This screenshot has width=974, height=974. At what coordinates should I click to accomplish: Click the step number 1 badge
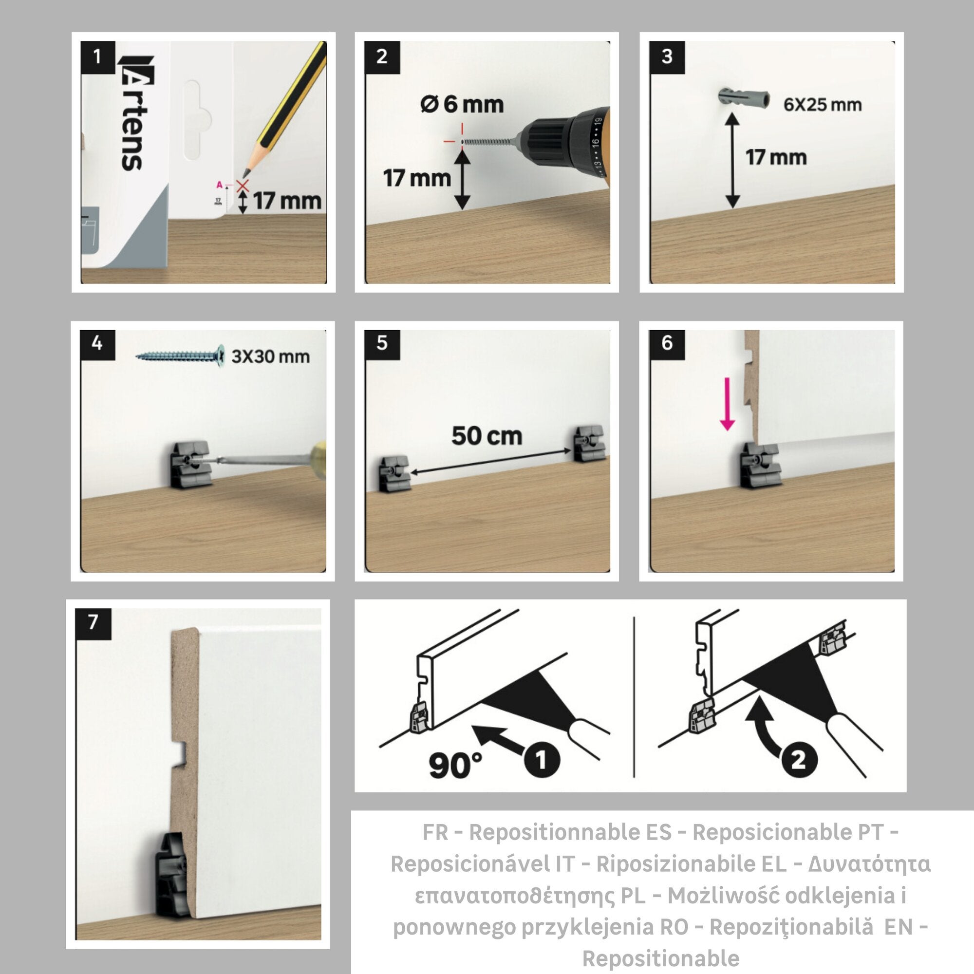click(x=98, y=57)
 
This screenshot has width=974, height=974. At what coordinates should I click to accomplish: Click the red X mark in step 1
click(x=243, y=186)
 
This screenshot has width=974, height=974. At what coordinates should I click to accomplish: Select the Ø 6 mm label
click(x=462, y=104)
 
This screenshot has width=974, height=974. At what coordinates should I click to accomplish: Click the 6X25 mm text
click(x=822, y=105)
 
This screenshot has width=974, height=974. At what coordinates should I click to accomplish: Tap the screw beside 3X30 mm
click(x=180, y=356)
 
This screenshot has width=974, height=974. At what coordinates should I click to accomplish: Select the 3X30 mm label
click(x=270, y=356)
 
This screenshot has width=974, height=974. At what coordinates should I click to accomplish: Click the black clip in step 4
click(x=190, y=464)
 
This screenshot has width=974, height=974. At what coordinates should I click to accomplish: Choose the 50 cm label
click(x=487, y=435)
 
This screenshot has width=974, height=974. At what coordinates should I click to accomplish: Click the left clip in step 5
click(x=395, y=474)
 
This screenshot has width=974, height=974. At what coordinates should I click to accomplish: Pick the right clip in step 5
click(x=588, y=443)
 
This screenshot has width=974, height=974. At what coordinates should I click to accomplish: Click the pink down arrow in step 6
click(x=727, y=404)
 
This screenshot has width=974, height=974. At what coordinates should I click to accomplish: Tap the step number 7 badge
click(x=94, y=624)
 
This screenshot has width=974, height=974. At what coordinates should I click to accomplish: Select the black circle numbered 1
click(x=542, y=759)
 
